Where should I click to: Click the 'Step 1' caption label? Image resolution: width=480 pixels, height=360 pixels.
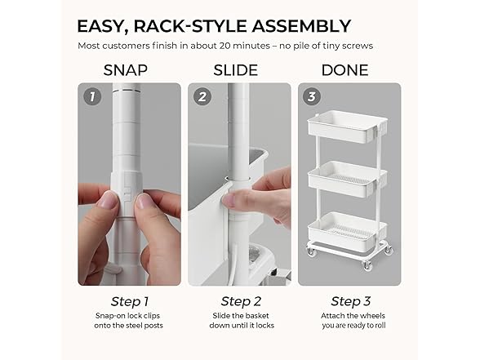tap(130, 301)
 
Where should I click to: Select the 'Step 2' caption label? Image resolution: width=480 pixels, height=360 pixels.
tap(240, 301)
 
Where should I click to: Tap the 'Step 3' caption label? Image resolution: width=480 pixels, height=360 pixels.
tap(349, 301)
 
